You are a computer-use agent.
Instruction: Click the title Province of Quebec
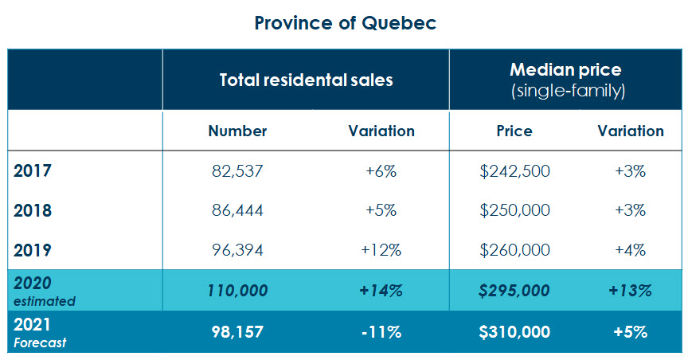coord(345,22)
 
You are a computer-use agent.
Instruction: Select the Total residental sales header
coord(307,80)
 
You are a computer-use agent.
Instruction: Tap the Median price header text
coord(567,70)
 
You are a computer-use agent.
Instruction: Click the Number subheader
coord(237,131)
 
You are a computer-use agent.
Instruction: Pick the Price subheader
coord(514,131)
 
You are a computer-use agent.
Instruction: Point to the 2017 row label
coord(33,171)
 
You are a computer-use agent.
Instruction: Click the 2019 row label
coord(33,250)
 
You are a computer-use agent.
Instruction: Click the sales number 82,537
coord(237,171)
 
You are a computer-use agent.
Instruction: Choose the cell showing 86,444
coord(237,211)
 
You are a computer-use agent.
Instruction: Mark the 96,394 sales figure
coord(237,250)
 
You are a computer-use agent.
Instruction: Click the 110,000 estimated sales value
coord(237,291)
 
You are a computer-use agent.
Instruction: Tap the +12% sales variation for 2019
coord(381,250)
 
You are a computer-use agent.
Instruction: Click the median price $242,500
coord(514,171)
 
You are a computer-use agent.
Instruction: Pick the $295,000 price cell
coord(514,291)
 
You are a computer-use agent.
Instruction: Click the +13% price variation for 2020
coord(631,291)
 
